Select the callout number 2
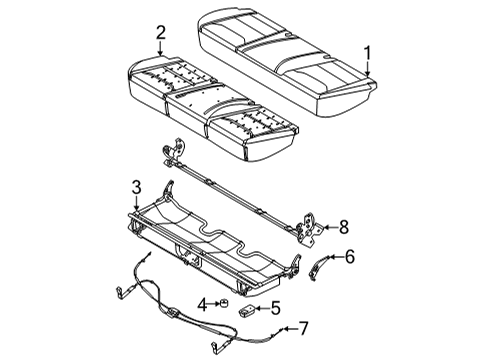coord(159,35)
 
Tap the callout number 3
coord(136,185)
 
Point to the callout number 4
coord(201,304)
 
